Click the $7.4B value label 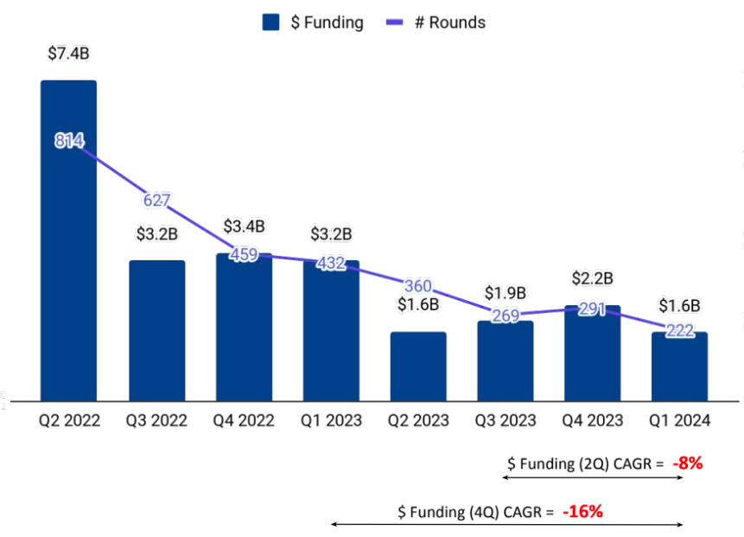coord(68,54)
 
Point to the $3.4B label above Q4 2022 coord(244,227)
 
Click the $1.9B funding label coord(505,293)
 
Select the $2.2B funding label coord(592,278)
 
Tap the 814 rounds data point coord(68,141)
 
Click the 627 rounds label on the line coord(156,201)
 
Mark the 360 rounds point coord(418,286)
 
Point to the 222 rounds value coord(679,330)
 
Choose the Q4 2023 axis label coord(592,421)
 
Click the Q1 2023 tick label coord(331,421)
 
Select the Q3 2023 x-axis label coord(505,421)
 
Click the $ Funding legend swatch coord(272,22)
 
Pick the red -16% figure coord(582,511)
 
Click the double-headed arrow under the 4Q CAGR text coord(507,524)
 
